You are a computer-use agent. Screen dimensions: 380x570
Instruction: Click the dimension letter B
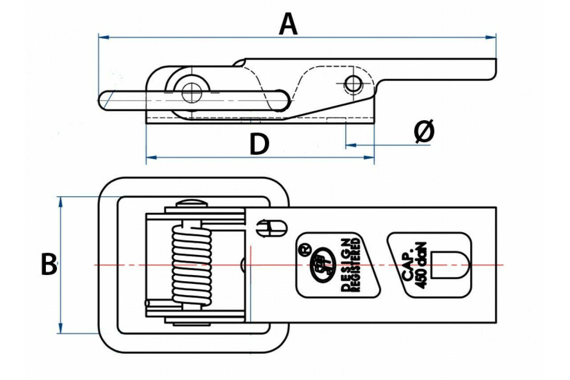click(49, 265)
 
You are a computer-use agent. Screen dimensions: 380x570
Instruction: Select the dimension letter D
click(259, 145)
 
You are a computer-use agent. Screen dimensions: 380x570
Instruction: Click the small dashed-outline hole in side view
click(353, 83)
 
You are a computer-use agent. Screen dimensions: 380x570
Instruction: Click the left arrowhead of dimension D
click(150, 157)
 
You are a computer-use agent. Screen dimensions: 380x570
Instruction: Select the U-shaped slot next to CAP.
click(451, 265)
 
